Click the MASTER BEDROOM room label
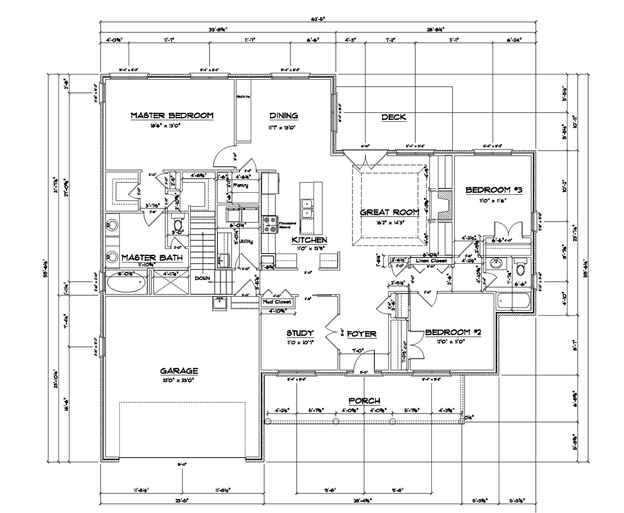coord(172,115)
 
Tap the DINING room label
coord(284,115)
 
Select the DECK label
coord(394,117)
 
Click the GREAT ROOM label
coord(389,212)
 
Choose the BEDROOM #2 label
coord(453,332)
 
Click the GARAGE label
coord(179,371)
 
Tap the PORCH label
coord(364,401)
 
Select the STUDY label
coord(300,333)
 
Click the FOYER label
coord(362,334)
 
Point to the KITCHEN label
coord(309,240)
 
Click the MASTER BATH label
coord(152,257)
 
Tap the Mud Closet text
coord(277,302)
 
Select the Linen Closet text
coord(431,260)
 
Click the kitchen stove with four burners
coord(269,225)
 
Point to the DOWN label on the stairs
coord(202,278)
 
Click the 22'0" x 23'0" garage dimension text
coord(179,380)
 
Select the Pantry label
coord(240,185)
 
